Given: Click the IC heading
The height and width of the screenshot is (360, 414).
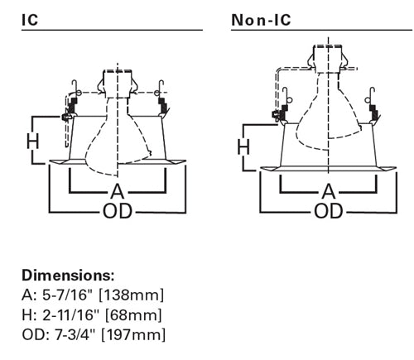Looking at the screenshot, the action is pos(30,20).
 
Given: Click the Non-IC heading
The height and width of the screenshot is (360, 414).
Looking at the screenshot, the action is pos(261,20).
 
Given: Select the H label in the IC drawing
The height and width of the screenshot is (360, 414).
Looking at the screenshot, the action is pos(33,142).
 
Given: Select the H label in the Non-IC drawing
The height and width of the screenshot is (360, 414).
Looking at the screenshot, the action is pos(243,146).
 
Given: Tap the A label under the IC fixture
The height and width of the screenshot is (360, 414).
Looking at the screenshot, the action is pos(118,191).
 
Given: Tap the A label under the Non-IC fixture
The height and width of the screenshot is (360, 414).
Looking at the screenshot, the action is pos(329,191).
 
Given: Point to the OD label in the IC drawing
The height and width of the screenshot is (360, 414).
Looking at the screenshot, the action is pos(118,211).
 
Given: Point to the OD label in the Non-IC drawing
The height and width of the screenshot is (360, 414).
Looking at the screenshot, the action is pos(329,211).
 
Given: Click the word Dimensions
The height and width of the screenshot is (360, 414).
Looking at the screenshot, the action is pos(68,275).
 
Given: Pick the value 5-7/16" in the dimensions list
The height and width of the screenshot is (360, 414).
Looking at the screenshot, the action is pos(66,295).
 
